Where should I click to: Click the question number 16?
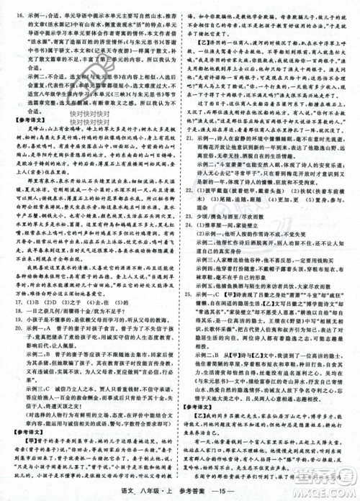coord(9,12)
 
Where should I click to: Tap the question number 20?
coord(9,325)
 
